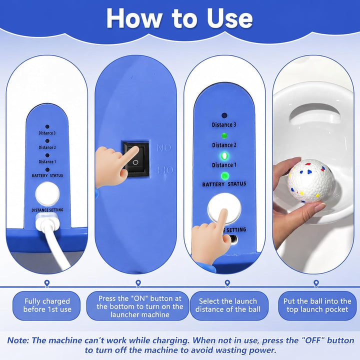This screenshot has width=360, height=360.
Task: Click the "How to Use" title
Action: [x=179, y=18]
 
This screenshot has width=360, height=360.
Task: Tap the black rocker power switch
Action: [x=136, y=159]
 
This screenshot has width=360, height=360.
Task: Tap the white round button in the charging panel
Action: [x=47, y=194]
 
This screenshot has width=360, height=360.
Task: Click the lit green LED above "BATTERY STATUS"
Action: [x=224, y=176]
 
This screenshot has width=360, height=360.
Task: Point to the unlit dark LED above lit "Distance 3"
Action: [x=224, y=115]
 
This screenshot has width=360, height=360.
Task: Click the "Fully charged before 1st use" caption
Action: [x=47, y=305]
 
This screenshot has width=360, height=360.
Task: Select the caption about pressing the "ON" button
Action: [x=139, y=306]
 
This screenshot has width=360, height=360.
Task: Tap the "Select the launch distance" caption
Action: [x=228, y=305]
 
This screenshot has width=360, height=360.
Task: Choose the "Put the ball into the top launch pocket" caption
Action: [x=317, y=305]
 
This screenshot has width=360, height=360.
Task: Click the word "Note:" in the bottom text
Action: [x=18, y=340]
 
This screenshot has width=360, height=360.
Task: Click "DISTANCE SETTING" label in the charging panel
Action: [x=47, y=210]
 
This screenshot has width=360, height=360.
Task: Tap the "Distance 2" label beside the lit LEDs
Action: [x=224, y=145]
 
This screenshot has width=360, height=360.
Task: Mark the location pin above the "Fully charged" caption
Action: [x=47, y=283]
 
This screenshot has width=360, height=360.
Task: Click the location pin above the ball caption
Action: [x=316, y=283]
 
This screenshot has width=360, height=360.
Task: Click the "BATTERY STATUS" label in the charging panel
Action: [x=47, y=175]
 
